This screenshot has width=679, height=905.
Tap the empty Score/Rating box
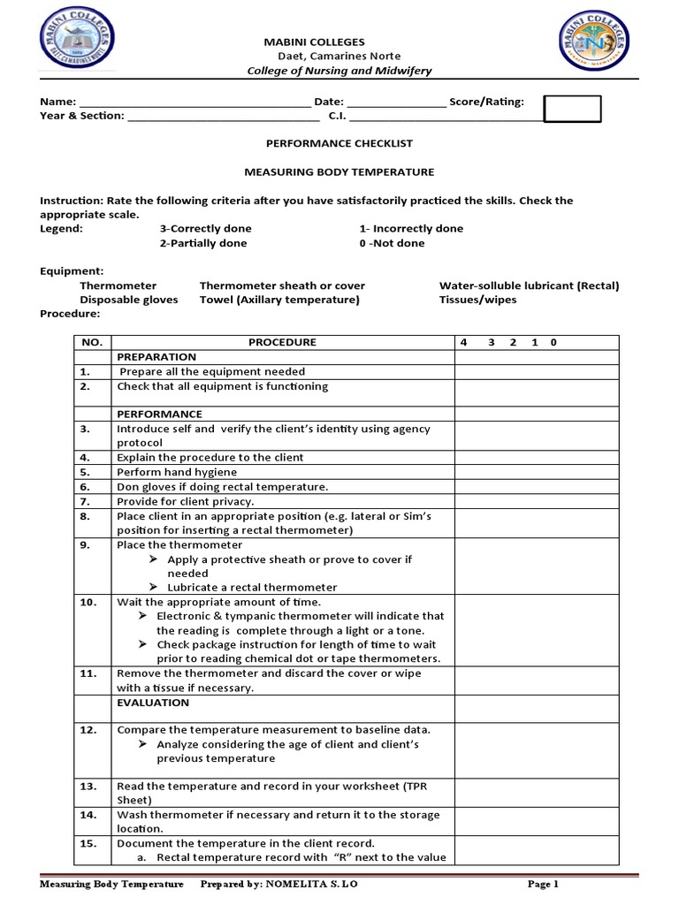(x=571, y=109)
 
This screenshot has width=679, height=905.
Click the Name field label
(x=57, y=102)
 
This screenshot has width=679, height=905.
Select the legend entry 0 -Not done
(x=392, y=243)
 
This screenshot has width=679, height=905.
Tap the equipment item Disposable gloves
(x=128, y=300)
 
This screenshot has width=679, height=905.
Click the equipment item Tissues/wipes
(x=477, y=300)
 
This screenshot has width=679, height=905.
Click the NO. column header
(x=92, y=343)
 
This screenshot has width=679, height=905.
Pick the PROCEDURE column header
(x=282, y=343)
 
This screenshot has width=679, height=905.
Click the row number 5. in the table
(x=85, y=472)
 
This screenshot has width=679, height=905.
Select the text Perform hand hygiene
(x=164, y=472)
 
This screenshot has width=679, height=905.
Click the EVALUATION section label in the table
(x=153, y=703)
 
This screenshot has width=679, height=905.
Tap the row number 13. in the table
(x=88, y=786)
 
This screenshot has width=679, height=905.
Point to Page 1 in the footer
(x=544, y=884)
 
